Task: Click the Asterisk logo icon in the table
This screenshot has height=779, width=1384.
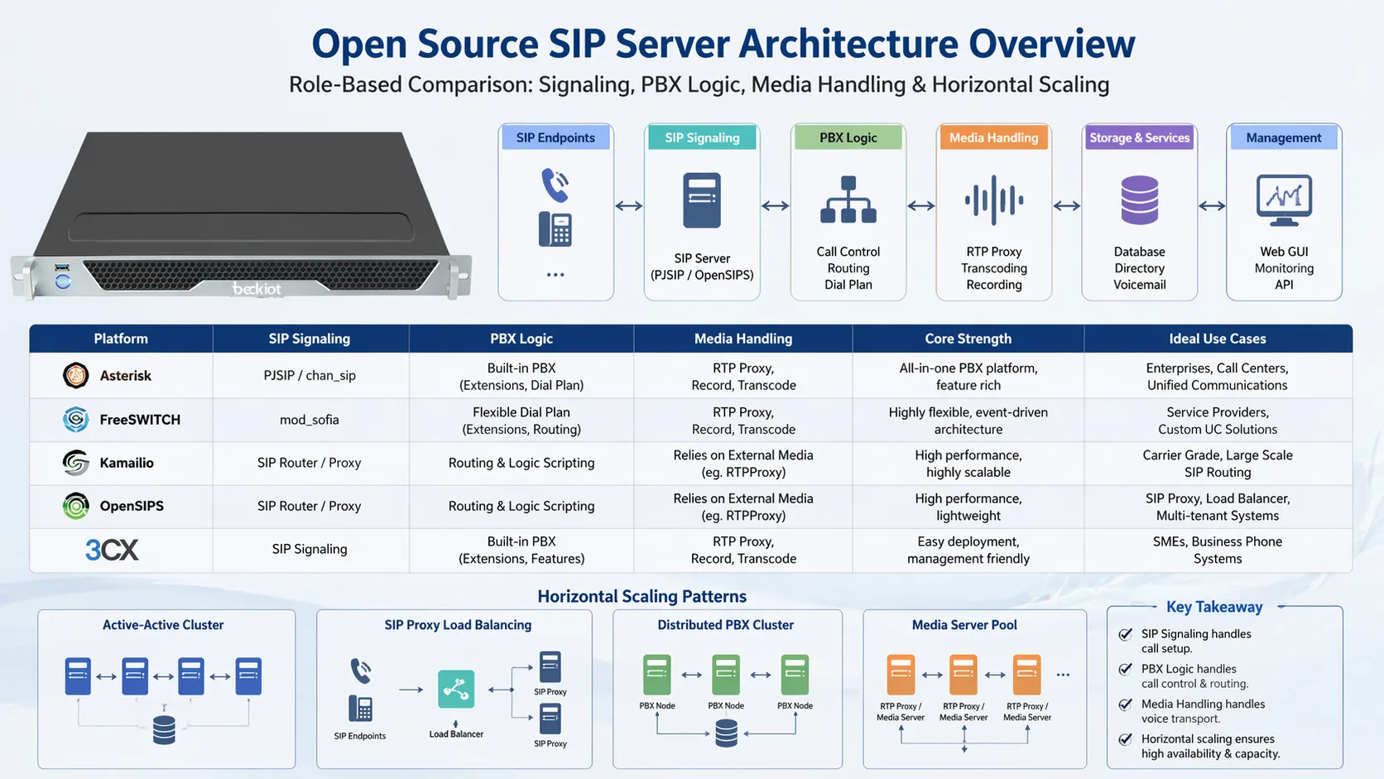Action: tap(76, 376)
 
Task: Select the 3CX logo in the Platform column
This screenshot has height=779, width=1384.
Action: tap(112, 550)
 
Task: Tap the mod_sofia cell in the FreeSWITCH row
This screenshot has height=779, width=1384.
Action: tap(310, 420)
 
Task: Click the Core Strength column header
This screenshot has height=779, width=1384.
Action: tap(968, 339)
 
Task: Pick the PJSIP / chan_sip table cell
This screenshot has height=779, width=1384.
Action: tap(310, 376)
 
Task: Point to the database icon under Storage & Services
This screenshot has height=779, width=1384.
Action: tap(1139, 200)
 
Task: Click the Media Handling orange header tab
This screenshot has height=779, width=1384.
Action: tap(993, 137)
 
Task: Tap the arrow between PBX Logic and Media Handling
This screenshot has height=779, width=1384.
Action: tap(920, 206)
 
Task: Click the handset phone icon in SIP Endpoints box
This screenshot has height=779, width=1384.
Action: tap(555, 185)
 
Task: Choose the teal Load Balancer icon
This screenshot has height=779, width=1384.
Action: tap(456, 689)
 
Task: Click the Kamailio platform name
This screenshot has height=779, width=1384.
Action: tap(127, 463)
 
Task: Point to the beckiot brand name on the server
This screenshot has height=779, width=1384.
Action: tap(257, 289)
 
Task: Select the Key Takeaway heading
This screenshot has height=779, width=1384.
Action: tap(1214, 607)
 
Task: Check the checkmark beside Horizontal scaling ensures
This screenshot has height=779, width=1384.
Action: tap(1126, 739)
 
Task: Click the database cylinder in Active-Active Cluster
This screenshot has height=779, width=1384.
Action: tap(164, 730)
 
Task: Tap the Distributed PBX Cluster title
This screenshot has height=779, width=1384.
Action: tap(725, 625)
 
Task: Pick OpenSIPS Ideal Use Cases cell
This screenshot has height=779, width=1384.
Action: tap(1217, 507)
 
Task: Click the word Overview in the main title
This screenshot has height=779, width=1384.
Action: tap(1051, 44)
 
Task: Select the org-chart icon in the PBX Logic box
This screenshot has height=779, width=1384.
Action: tap(848, 200)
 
